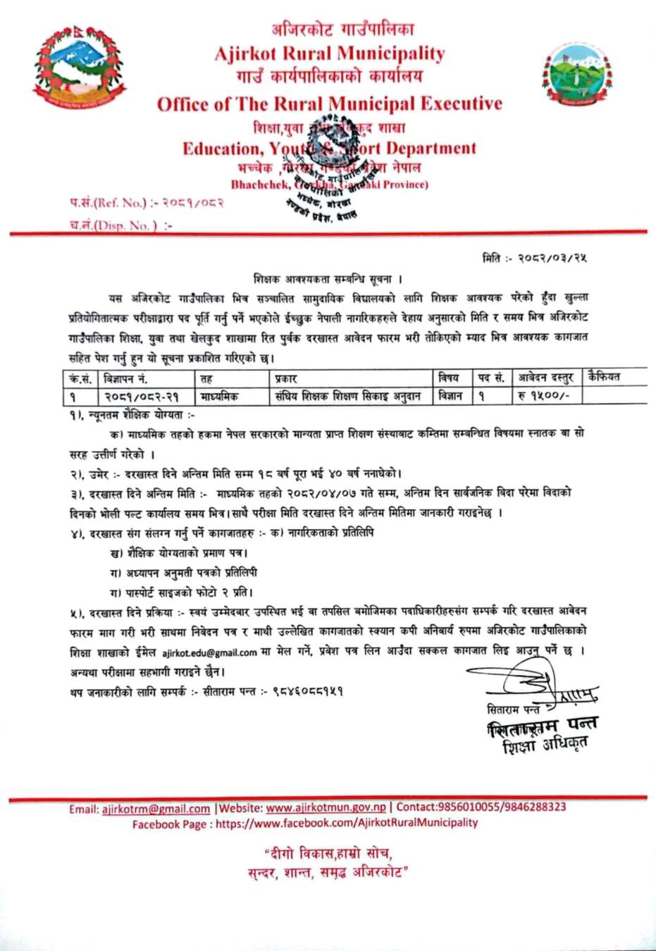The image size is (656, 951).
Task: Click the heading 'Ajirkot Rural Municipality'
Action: click(x=330, y=54)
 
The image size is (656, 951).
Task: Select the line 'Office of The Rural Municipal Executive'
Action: click(x=330, y=104)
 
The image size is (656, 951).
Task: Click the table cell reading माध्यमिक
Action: click(x=220, y=396)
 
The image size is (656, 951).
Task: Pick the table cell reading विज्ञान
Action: click(x=450, y=396)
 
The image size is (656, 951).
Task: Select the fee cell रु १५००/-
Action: click(x=541, y=396)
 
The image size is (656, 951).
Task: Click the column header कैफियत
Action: click(x=606, y=377)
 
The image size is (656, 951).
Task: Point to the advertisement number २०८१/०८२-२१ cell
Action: click(x=142, y=396)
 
